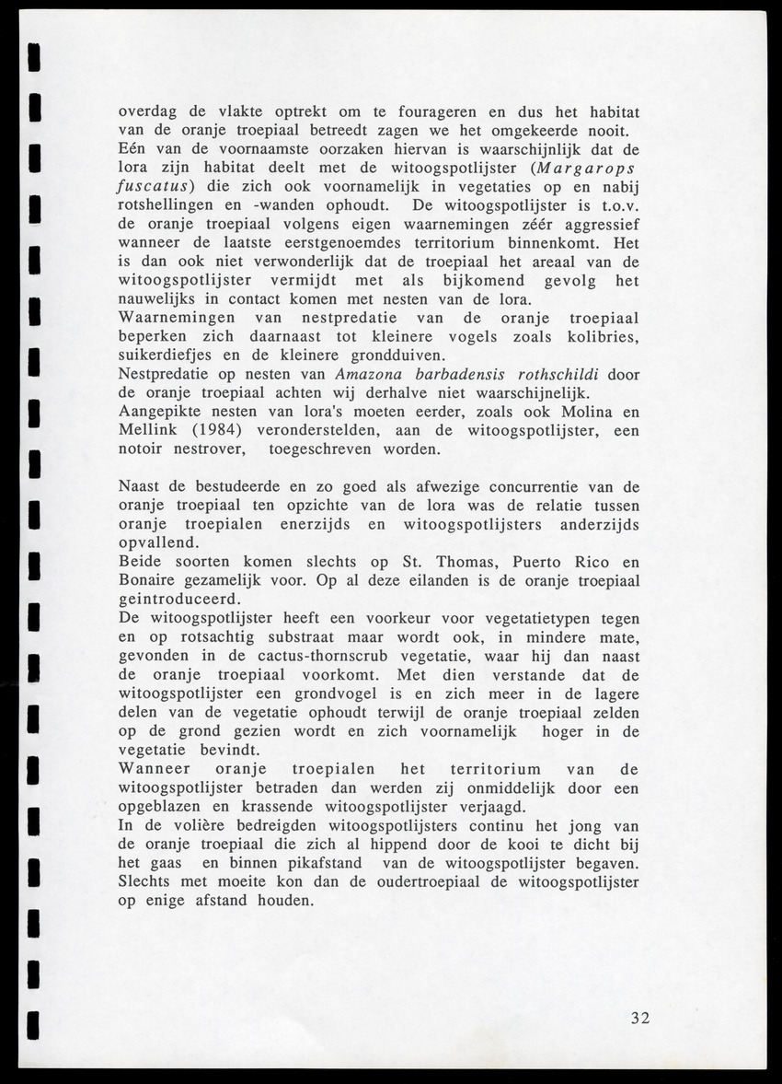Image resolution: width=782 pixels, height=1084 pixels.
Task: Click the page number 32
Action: (641, 1018)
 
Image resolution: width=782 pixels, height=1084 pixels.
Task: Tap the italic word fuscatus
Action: (154, 185)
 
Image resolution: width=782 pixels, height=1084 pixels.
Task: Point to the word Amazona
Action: (370, 374)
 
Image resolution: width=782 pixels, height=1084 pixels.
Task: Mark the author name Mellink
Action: (149, 430)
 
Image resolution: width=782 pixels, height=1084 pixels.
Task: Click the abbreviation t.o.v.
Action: (615, 204)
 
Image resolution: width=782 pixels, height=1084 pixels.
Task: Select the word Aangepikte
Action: (158, 412)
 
